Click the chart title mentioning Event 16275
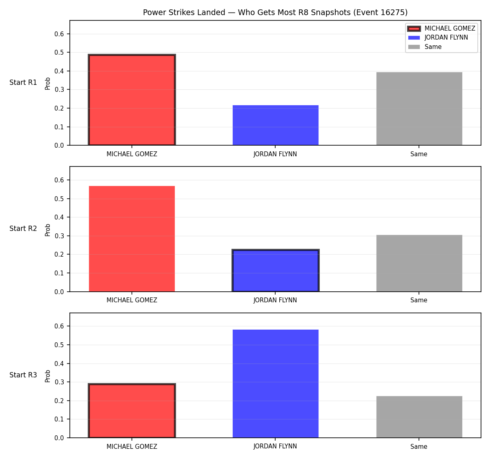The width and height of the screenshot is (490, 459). tap(275, 12)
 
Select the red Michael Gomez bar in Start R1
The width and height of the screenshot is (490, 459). tap(132, 100)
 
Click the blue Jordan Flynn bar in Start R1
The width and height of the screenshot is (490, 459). tap(275, 125)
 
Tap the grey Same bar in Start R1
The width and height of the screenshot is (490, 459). tap(419, 109)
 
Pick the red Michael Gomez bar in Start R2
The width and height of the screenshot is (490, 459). tap(132, 239)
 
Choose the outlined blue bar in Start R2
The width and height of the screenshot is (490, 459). tap(275, 271)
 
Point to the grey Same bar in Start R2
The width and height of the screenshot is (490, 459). tap(419, 263)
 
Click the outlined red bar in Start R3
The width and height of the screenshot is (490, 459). tap(132, 411)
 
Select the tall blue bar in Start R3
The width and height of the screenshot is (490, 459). tap(275, 384)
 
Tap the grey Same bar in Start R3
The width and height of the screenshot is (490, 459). tap(419, 417)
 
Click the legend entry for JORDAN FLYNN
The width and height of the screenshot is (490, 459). tap(438, 38)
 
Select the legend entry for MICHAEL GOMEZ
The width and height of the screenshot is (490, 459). tap(441, 29)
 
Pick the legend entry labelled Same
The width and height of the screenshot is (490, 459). tap(425, 47)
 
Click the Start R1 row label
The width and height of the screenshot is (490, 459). tap(23, 82)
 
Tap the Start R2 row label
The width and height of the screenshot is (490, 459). tap(23, 228)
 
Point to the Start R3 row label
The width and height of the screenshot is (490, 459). tap(23, 375)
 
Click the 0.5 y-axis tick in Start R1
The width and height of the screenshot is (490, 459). tap(59, 53)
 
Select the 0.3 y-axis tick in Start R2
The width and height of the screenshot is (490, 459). tap(59, 236)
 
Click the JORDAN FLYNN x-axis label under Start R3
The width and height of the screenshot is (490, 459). tap(275, 446)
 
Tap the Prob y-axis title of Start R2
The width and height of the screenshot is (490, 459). tap(48, 230)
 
